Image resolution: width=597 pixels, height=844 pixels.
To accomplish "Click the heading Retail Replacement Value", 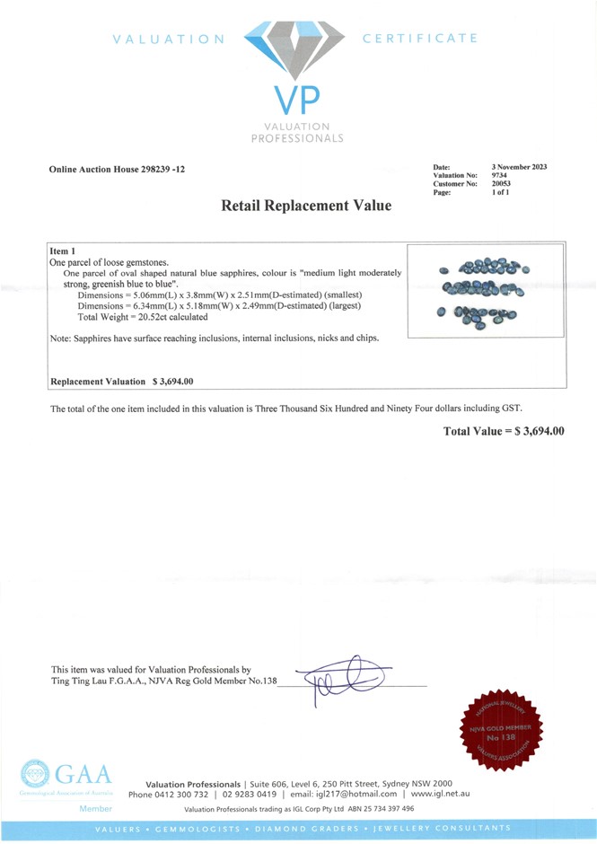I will click(306, 206).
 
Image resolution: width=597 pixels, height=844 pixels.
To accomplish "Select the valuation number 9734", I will click(500, 175).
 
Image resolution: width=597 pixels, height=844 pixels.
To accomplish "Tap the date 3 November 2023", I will click(520, 167).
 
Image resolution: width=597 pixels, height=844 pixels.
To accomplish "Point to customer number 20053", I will click(502, 183).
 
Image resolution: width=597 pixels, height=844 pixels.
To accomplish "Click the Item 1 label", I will click(63, 251).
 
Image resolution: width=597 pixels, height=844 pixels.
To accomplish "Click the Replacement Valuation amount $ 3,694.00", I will click(173, 382).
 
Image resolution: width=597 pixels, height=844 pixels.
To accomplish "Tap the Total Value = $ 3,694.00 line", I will click(504, 432).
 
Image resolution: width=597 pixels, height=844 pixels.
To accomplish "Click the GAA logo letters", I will click(84, 775).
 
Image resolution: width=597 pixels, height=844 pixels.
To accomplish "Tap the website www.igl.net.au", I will click(440, 794).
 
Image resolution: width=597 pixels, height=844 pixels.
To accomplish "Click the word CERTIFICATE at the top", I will click(419, 39).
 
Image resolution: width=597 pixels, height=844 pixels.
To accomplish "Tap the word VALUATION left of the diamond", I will click(169, 39).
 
